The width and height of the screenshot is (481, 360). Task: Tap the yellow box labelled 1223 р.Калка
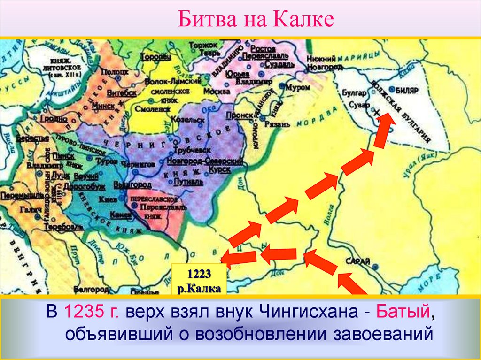click(199, 280)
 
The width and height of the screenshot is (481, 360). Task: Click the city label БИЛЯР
click(407, 89)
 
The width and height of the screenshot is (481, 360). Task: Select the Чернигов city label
click(138, 164)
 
